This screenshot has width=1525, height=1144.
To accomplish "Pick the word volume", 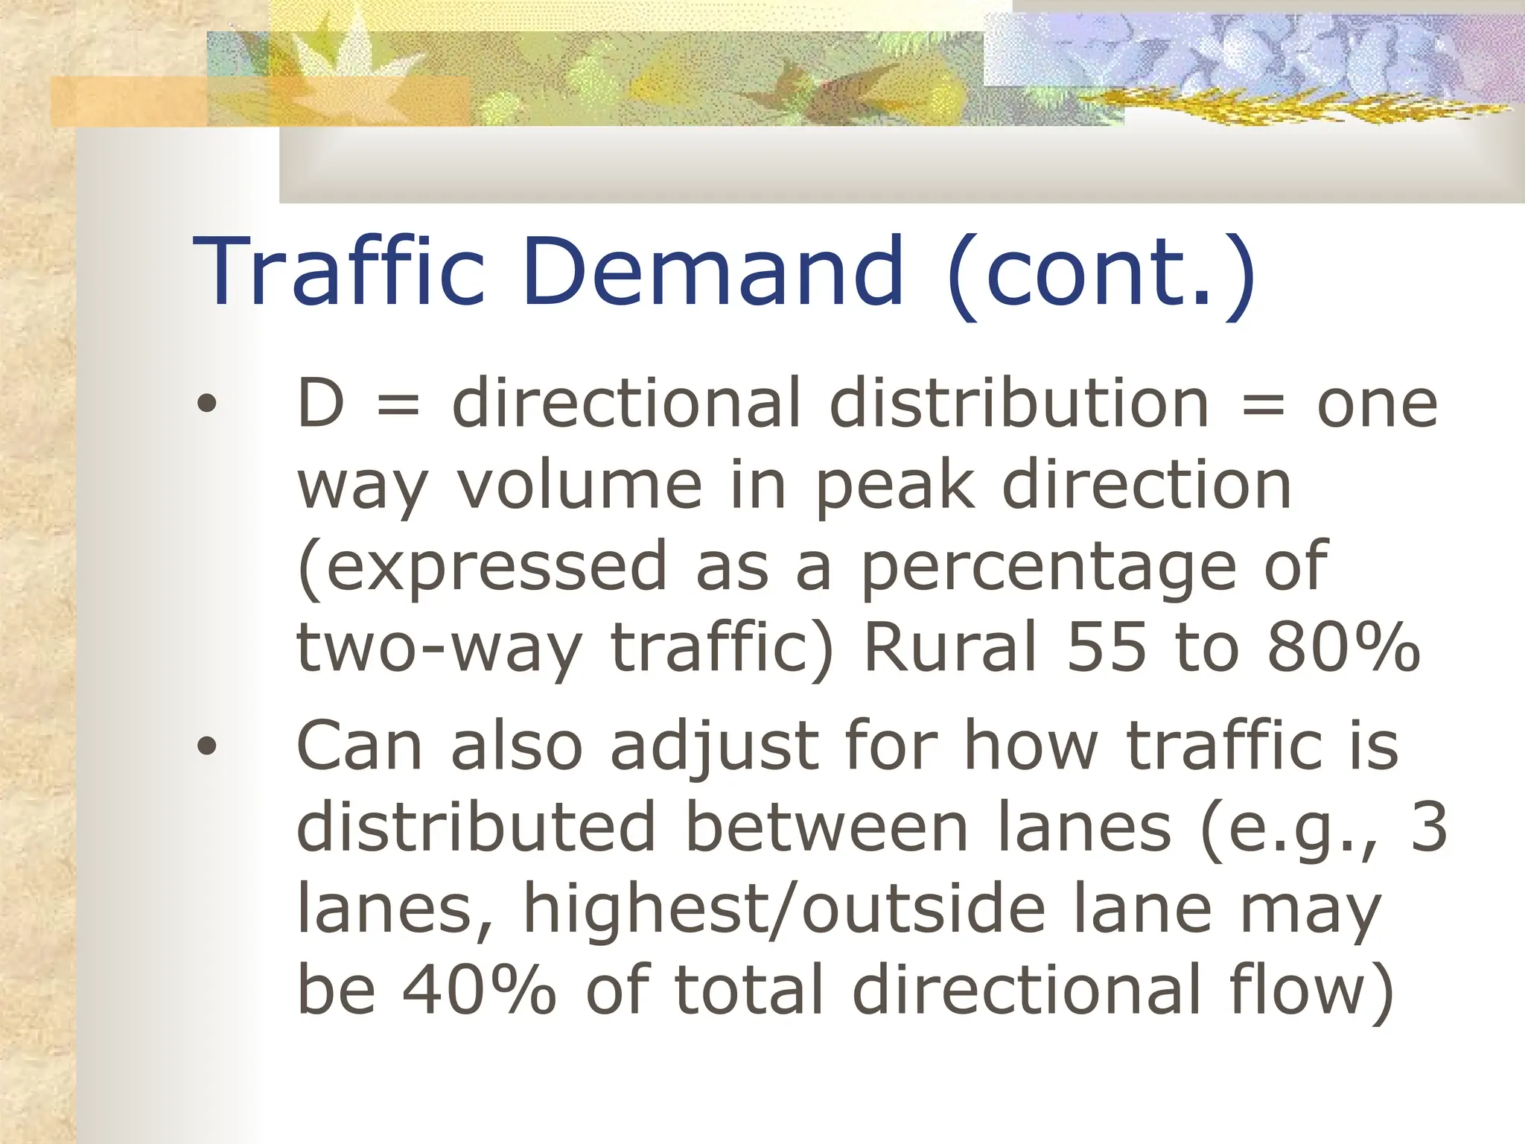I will click(580, 486).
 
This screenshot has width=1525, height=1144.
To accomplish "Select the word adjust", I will click(714, 748).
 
